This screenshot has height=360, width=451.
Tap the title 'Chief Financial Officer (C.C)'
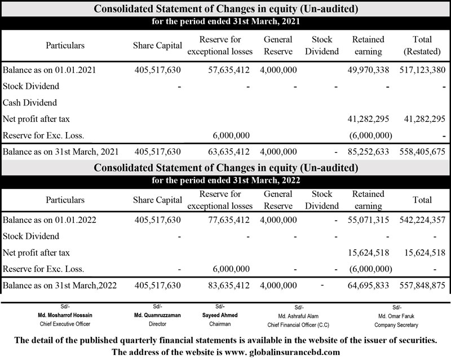[x=299, y=325]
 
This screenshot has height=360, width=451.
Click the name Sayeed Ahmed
[x=220, y=315]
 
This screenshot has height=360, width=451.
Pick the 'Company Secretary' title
[x=396, y=325]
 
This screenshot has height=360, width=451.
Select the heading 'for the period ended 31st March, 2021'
[x=225, y=21]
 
